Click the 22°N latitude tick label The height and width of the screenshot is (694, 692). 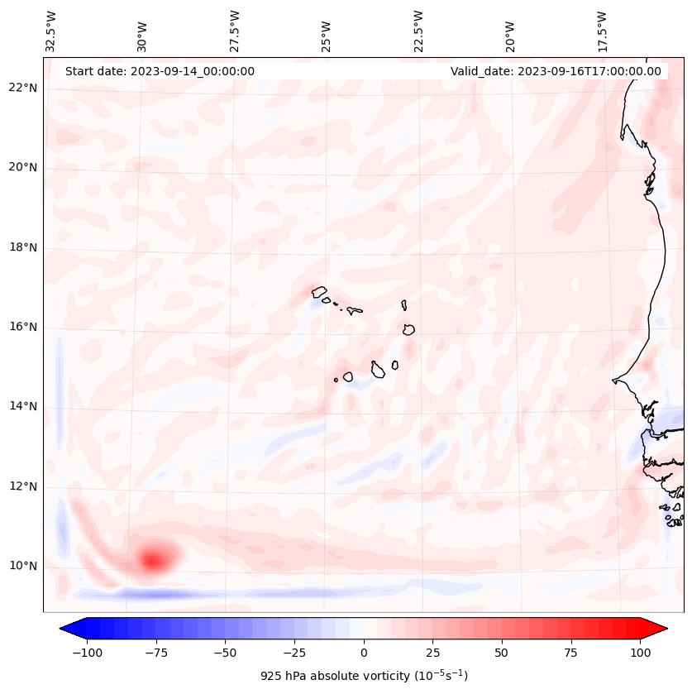[x=23, y=88]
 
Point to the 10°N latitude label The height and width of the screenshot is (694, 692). [x=23, y=566]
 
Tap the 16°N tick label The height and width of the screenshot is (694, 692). [x=23, y=327]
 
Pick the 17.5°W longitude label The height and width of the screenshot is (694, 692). [x=602, y=31]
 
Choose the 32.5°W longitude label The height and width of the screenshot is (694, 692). [x=50, y=31]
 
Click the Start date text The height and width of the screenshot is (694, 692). [x=160, y=71]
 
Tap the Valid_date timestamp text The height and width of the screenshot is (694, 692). [x=556, y=71]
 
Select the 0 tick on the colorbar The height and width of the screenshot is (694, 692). [x=364, y=652]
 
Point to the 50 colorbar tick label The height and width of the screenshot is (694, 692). [x=502, y=652]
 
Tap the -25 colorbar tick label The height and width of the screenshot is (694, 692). [x=294, y=652]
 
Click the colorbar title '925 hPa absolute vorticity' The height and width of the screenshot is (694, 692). [x=364, y=676]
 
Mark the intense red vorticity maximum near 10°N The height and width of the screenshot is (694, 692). [x=152, y=560]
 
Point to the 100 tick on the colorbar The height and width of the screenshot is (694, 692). [x=640, y=652]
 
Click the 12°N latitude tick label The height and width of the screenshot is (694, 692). [x=23, y=486]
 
